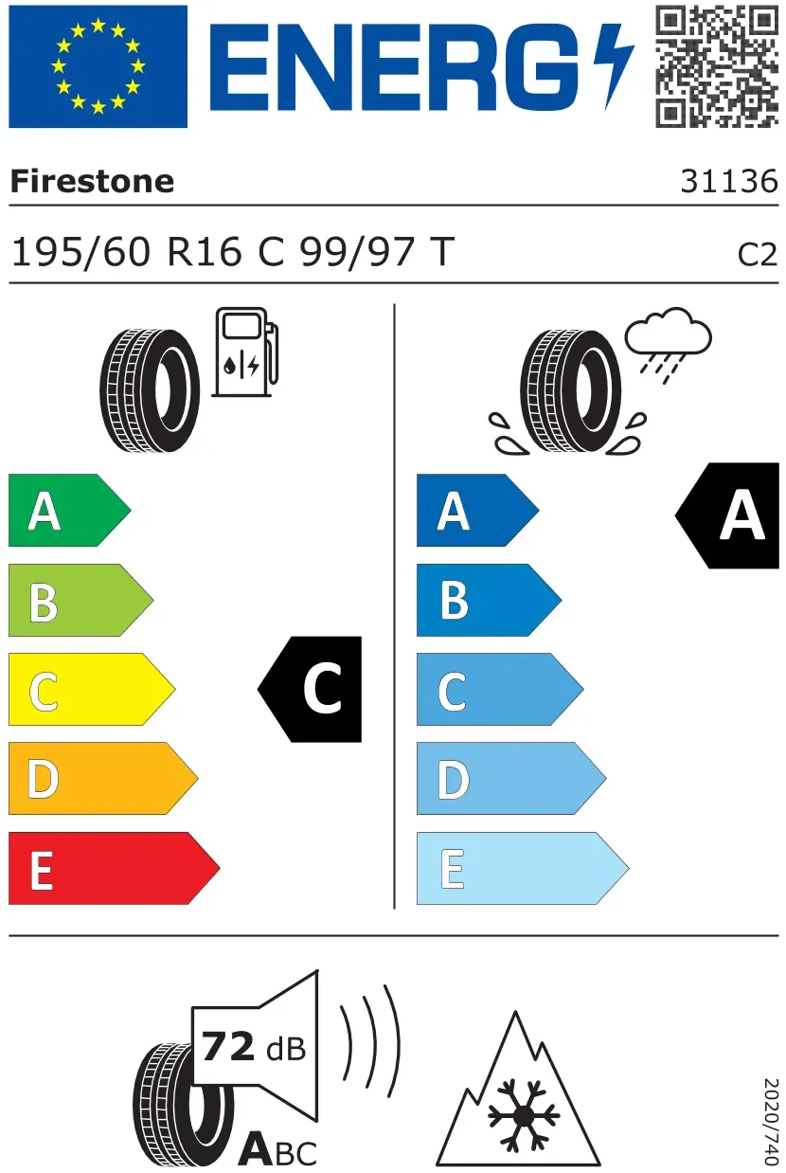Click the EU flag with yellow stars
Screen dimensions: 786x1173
98,66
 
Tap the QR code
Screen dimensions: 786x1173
717,66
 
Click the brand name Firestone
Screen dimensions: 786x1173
92,181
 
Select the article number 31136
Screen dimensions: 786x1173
729,181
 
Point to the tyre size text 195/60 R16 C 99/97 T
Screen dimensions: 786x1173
233,252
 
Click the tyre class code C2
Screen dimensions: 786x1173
758,255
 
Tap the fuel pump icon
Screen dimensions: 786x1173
245,352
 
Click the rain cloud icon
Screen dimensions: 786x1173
669,346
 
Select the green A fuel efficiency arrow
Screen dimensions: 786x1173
69,510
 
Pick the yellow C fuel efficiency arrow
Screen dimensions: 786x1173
92,689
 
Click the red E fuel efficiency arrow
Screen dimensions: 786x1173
114,868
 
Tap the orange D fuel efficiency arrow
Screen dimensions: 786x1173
103,778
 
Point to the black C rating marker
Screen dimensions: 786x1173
310,689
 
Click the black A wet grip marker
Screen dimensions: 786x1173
727,515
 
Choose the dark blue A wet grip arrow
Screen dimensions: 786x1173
478,510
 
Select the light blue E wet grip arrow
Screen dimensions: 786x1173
523,868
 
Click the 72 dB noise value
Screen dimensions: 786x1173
254,1047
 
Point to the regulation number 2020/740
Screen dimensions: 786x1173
772,1121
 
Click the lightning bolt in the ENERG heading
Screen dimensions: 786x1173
614,66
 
